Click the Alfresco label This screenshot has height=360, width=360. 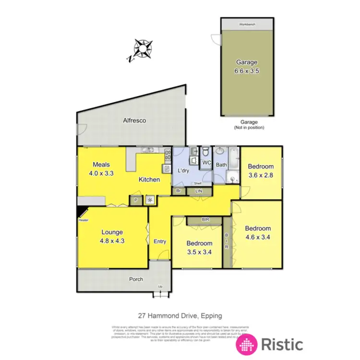tap(134, 121)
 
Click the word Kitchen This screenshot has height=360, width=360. tap(149, 180)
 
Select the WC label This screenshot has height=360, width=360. tap(207, 163)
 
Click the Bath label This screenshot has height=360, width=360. tap(221, 165)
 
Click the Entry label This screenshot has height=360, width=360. tap(159, 241)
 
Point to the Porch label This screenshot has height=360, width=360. tap(136, 279)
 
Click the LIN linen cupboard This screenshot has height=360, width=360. tap(198, 191)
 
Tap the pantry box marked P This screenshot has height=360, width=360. tap(136, 200)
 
